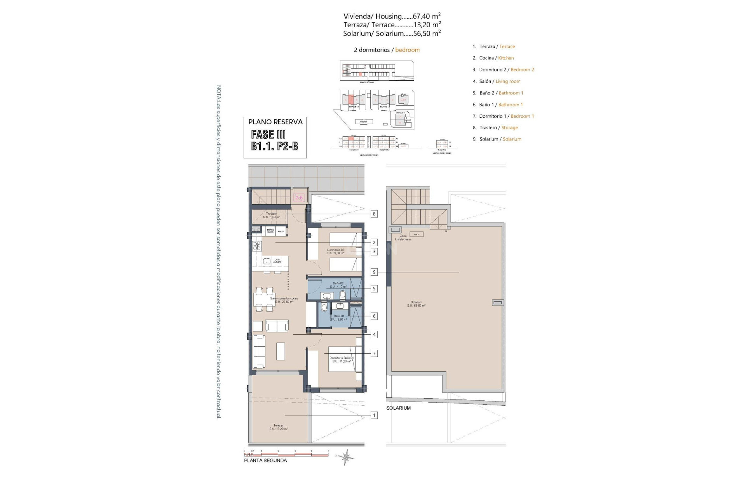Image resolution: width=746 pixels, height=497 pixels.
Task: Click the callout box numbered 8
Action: pyautogui.click(x=374, y=214)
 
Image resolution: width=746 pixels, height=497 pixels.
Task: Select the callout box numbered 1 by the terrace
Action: pyautogui.click(x=374, y=415)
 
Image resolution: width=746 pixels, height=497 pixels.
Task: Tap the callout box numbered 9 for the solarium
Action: pyautogui.click(x=374, y=272)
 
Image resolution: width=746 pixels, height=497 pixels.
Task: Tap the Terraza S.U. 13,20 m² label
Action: pyautogui.click(x=278, y=427)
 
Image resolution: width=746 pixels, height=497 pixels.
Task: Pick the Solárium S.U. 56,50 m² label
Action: pyautogui.click(x=416, y=304)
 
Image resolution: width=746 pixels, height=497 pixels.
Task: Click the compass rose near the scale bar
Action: pyautogui.click(x=345, y=457)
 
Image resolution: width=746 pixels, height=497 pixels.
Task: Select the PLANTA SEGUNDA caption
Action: pyautogui.click(x=265, y=461)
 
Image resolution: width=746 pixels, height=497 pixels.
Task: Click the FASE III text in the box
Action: pyautogui.click(x=268, y=135)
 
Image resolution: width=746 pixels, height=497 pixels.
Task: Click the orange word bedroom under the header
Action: pyautogui.click(x=407, y=50)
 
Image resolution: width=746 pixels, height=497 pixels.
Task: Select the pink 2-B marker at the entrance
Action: pyautogui.click(x=299, y=198)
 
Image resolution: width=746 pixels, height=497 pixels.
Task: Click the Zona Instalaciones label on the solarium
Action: pyautogui.click(x=403, y=238)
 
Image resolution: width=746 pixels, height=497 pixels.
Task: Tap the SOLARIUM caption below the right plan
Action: pyautogui.click(x=398, y=408)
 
